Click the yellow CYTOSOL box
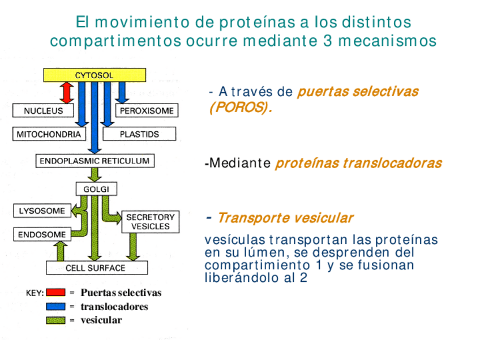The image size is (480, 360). pos(95,75)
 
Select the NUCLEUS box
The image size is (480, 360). pos(43,111)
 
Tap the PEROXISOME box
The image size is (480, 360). pos(147,111)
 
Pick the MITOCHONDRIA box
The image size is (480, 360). pos(48,134)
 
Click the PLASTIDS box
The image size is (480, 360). pos(139,134)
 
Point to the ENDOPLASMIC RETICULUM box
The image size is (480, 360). pos(95,161)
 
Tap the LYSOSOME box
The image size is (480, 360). pos(42,211)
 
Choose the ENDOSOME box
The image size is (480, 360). pos(42,234)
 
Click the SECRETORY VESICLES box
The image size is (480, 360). pos(150,222)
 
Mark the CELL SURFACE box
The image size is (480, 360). pos(96,268)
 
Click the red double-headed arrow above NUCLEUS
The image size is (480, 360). pos(67,92)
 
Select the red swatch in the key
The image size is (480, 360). pos(55,293)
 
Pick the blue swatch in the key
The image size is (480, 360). pos(55,307)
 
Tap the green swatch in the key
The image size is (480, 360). pos(55,320)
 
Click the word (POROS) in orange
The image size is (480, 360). pos(241,108)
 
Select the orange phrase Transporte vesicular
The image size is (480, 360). pos(285,218)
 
